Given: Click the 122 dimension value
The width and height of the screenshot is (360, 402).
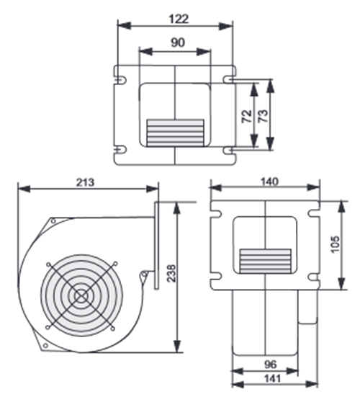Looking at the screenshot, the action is [x=179, y=19].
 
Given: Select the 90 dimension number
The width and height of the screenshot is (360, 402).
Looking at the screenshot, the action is [x=178, y=43].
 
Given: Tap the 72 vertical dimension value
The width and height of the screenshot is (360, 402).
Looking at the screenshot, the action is [x=247, y=116].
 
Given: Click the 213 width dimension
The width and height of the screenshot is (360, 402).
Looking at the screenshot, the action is [x=85, y=182].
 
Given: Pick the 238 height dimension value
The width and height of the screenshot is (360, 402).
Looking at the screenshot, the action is [x=171, y=273].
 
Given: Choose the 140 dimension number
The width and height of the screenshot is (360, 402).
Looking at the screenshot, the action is [x=269, y=182].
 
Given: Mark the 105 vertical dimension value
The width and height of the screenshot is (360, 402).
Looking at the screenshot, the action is [x=336, y=244].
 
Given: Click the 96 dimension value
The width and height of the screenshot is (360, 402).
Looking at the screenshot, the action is [x=270, y=365].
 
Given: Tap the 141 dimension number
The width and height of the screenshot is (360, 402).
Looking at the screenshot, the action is [x=272, y=378].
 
